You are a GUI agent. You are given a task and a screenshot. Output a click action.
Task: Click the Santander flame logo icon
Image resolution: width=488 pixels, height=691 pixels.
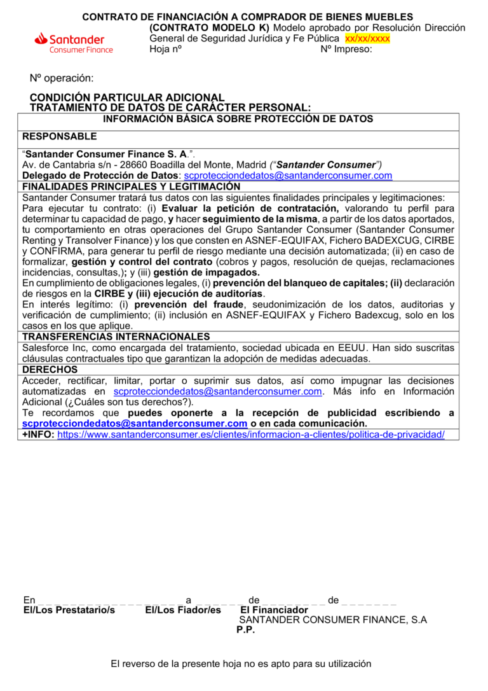point(42,39)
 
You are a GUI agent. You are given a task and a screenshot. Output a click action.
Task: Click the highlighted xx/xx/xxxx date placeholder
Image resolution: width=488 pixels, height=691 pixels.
point(367,38)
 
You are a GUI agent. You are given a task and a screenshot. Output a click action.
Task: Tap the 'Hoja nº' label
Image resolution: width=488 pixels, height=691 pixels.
point(165,49)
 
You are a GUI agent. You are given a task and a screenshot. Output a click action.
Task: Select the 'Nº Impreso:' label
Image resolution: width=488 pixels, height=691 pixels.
point(346,49)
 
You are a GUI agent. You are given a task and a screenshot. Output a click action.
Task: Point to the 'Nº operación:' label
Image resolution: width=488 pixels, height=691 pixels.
point(62,78)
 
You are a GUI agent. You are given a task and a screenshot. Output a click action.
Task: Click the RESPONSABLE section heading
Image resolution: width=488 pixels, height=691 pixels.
point(60,136)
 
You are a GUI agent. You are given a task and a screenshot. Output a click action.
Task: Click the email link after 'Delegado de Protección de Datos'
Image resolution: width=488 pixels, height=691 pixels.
point(288,176)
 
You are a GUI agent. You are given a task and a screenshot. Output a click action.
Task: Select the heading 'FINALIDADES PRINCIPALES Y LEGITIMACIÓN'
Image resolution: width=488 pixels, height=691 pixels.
point(131,186)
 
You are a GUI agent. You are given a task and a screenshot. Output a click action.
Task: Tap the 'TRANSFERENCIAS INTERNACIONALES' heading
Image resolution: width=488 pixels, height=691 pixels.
point(116,337)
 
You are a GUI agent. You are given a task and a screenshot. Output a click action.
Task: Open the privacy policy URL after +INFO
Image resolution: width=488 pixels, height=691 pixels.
point(251,435)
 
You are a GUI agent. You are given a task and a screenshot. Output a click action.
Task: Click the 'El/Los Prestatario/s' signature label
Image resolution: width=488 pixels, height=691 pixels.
point(69,610)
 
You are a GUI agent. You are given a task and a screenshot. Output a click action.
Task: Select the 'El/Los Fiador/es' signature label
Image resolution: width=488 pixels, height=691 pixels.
point(183,610)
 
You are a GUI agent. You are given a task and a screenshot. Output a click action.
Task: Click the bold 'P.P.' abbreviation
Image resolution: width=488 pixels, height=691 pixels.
point(245,630)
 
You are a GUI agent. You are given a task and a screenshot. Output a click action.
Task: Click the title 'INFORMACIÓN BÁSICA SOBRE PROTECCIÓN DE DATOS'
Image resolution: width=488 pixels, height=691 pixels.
point(238,119)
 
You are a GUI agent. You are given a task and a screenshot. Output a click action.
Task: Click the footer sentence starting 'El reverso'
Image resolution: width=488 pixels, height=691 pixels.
point(241,664)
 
